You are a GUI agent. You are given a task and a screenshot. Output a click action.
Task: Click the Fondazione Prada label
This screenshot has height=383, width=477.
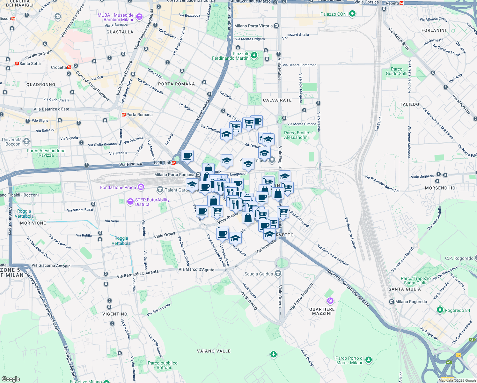118,187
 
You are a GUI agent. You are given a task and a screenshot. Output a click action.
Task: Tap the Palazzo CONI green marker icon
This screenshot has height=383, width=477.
352,14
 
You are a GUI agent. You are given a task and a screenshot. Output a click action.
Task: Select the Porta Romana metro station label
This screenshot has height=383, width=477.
139,115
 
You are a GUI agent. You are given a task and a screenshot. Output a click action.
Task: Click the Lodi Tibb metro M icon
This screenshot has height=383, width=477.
174,163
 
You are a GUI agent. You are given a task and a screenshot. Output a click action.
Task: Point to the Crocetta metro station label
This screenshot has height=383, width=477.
59,67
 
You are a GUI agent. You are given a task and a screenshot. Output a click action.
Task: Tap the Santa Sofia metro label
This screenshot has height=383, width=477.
30,64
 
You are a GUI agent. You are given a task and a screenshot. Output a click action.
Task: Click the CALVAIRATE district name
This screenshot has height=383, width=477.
277,100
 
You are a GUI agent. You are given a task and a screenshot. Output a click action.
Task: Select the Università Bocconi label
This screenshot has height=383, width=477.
12,142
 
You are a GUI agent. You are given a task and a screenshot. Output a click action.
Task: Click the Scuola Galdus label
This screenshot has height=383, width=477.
259,274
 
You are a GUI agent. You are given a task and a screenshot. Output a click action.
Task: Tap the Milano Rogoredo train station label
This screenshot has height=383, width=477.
411,302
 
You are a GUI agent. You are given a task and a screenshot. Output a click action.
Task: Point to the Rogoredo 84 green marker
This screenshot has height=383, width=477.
440,310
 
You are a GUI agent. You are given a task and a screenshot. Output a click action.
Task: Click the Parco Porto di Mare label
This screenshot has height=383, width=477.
349,360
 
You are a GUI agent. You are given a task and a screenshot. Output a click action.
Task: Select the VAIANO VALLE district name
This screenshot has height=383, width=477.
214,351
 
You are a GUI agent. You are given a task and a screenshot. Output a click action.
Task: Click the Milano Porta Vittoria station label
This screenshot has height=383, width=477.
253,26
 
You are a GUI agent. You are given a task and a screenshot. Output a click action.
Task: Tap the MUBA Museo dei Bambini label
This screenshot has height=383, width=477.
116,17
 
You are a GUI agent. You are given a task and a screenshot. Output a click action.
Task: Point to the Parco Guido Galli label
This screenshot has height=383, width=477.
397,71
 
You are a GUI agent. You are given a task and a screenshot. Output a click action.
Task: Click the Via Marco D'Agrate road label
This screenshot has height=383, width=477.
196,270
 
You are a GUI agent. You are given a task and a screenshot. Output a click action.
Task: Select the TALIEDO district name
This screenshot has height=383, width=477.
409,104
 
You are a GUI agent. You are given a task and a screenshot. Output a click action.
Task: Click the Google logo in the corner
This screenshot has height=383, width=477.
11,379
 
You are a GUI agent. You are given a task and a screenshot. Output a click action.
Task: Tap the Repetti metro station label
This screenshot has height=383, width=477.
392,3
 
